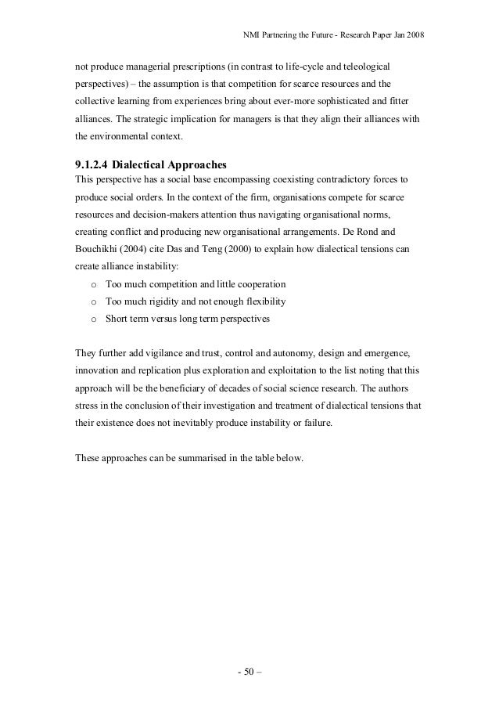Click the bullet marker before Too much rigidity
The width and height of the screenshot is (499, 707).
94,302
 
